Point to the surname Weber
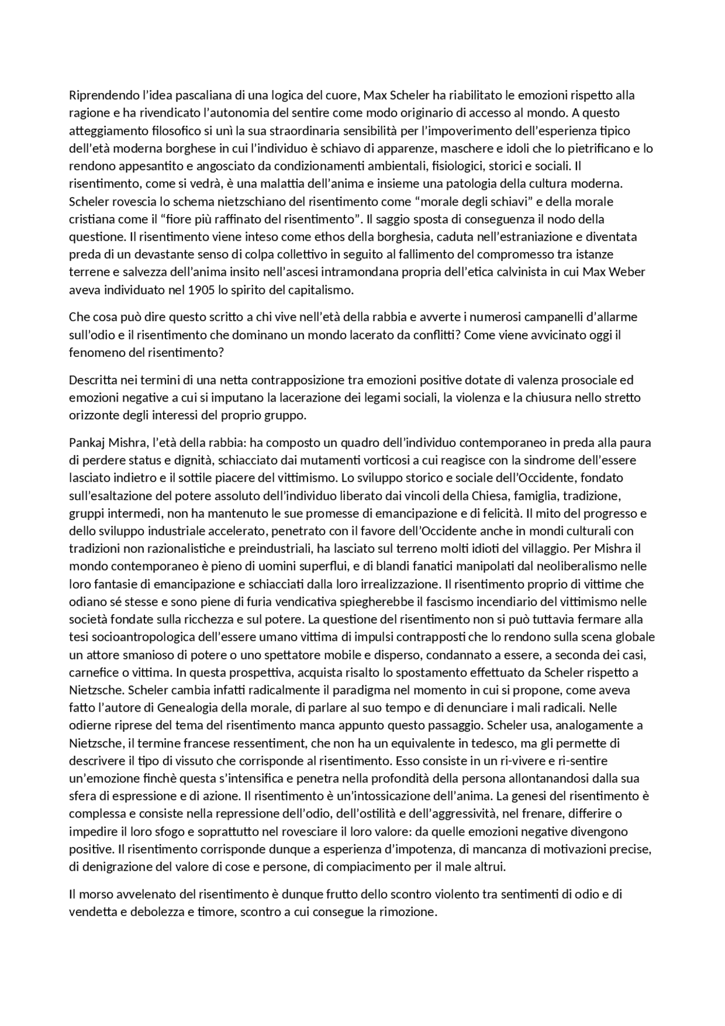pos(625,273)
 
